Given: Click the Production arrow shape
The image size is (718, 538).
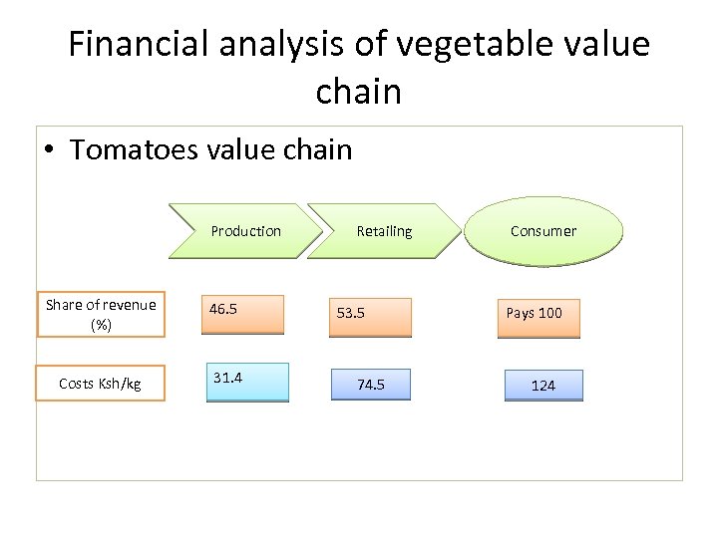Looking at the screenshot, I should click(246, 231).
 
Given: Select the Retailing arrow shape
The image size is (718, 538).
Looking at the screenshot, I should click(384, 231).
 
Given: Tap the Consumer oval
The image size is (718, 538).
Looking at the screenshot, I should click(543, 231).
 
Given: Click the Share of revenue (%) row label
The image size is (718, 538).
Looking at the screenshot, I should click(101, 315).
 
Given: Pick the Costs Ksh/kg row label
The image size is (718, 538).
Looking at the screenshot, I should click(101, 384).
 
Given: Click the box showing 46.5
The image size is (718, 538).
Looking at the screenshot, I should click(245, 314).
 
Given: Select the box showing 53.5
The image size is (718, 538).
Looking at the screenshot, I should click(370, 317).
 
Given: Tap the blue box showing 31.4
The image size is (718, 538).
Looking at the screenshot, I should click(246, 382).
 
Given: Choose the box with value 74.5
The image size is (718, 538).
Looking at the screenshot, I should click(370, 384).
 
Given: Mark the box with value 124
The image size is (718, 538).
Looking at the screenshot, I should click(542, 385).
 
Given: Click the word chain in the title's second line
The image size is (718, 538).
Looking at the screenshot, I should click(358, 92).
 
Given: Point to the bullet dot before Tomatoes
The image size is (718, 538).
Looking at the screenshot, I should click(50, 151).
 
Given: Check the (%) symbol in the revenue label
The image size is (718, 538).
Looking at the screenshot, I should click(101, 325).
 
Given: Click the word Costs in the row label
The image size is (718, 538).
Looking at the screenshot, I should click(78, 384).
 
